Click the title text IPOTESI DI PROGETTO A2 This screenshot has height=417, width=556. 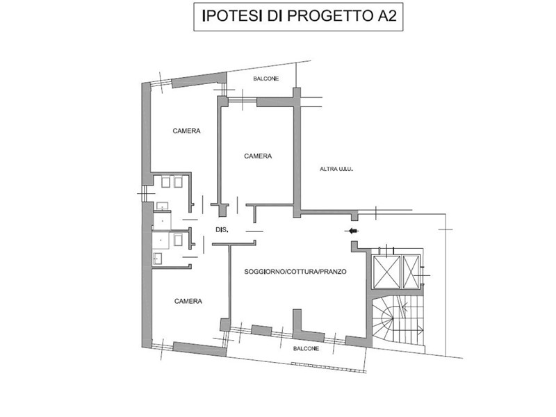point(299,16)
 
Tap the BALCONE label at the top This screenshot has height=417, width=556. point(266,79)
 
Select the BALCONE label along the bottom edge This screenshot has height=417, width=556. point(306,349)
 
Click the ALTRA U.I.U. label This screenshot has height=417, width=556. point(336,169)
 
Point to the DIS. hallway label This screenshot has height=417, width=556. point(222,230)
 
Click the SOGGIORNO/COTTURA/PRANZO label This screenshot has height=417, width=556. point(295,272)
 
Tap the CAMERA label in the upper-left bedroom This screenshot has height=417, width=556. point(186,131)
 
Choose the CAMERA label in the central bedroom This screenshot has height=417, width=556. point(258,156)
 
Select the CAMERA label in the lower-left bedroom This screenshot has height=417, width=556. point(188,301)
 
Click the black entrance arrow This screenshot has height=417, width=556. point(352,231)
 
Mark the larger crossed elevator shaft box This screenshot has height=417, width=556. point(387,272)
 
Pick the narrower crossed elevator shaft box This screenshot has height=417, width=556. point(411,272)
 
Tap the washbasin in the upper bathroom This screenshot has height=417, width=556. point(163,206)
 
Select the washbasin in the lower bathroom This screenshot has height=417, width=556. point(158,259)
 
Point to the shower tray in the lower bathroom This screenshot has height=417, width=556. point(161,240)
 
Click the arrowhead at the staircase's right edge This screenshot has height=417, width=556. point(421,329)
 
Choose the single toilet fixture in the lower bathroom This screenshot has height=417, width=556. point(178,240)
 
